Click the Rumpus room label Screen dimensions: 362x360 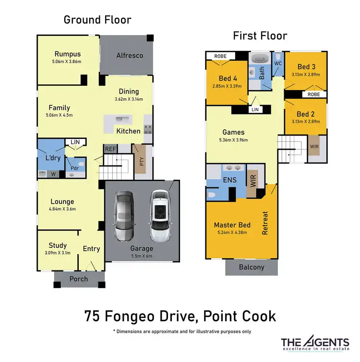pos(67,54)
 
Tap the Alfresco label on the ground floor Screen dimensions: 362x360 pos(130,55)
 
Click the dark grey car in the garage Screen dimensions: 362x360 pos(124,215)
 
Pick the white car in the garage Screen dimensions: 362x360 pos(160,215)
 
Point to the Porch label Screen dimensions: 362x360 pos(79,279)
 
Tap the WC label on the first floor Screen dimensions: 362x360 pos(277,63)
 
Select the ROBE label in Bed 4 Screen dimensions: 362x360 pos(220,56)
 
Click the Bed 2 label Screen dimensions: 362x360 pos(305,114)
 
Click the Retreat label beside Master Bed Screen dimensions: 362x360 pos(265,223)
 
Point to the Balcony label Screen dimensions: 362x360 pos(252,267)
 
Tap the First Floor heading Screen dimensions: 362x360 pos(260,35)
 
